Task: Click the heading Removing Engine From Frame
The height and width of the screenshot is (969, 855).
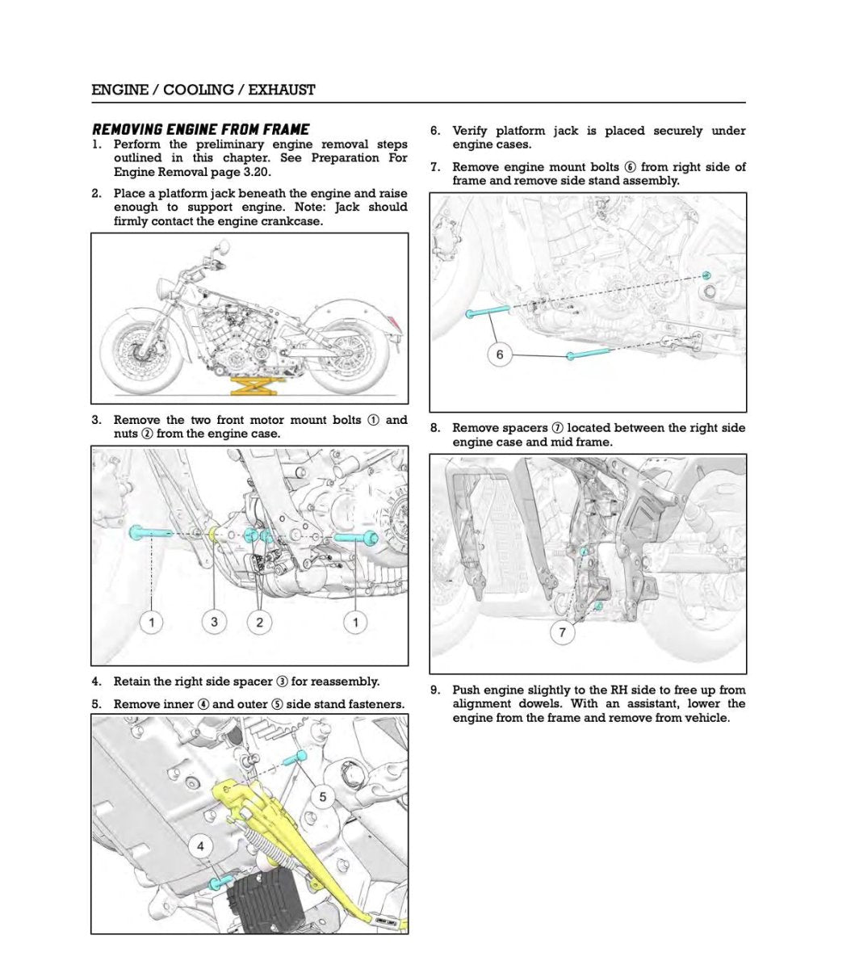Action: coord(200,129)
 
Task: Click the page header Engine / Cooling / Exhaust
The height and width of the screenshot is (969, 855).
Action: coord(203,90)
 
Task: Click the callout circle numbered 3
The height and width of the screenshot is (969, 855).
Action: coord(214,622)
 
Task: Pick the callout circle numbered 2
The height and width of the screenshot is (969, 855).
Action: coord(259,622)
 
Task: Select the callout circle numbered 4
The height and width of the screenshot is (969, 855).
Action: coord(200,845)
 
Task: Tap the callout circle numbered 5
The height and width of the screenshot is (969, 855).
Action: coord(323,797)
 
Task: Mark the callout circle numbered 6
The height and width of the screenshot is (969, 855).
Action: coord(500,354)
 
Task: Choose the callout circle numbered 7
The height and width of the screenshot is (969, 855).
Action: coord(563,632)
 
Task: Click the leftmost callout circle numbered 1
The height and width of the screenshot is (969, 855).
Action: coord(151,622)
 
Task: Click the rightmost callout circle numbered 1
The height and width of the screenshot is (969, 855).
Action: coord(355,622)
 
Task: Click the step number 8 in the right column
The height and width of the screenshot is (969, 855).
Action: coord(434,428)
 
